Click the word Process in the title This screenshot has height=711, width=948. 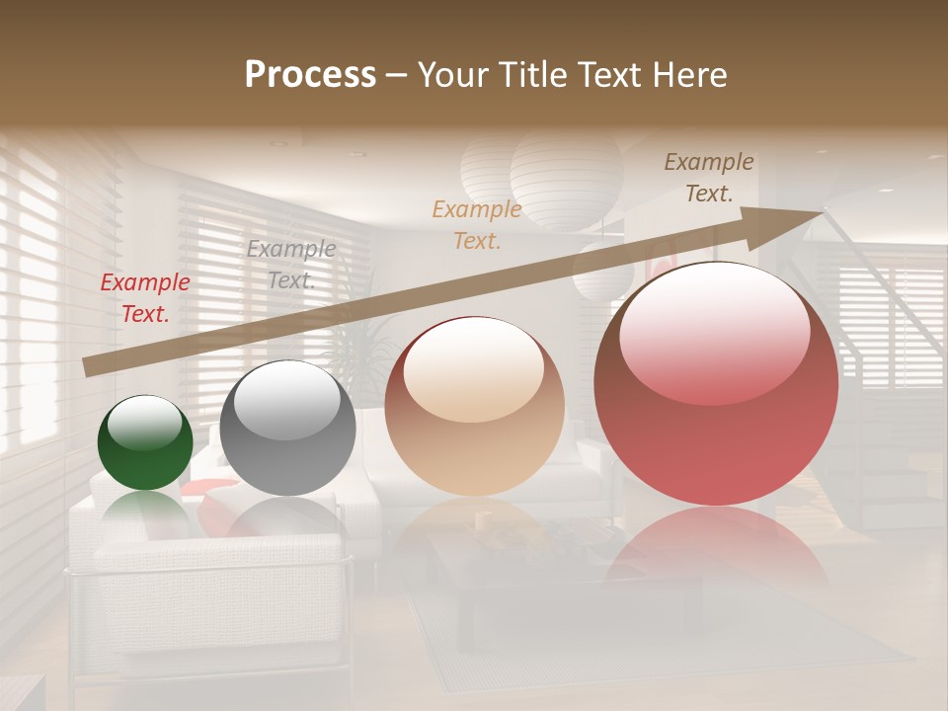pyautogui.click(x=310, y=75)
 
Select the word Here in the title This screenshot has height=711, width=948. pyautogui.click(x=690, y=75)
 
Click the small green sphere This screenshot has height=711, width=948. pyautogui.click(x=145, y=443)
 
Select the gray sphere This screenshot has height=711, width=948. pyautogui.click(x=287, y=429)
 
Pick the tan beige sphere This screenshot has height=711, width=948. pyautogui.click(x=474, y=406)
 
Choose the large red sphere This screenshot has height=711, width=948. pyautogui.click(x=716, y=383)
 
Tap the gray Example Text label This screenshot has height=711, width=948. pyautogui.click(x=291, y=265)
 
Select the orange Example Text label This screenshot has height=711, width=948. pyautogui.click(x=477, y=224)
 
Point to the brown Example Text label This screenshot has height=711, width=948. pyautogui.click(x=709, y=178)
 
